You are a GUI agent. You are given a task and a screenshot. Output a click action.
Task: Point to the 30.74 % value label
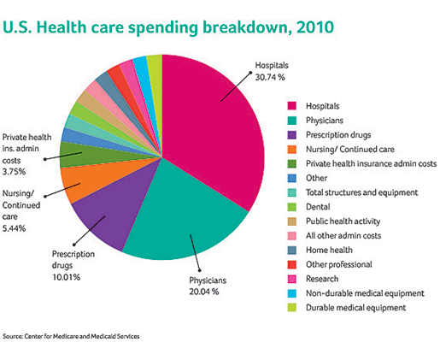point(270,78)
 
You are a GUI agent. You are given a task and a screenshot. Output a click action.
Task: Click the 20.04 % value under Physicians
point(204,292)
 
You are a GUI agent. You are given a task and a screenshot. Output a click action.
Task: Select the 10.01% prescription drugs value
point(66,277)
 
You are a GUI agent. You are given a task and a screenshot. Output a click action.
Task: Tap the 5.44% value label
point(14,228)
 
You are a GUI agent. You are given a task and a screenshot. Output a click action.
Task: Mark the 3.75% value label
point(14,172)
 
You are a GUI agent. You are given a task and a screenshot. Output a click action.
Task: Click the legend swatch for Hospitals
point(292,106)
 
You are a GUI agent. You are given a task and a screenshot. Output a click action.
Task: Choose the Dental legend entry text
point(318,207)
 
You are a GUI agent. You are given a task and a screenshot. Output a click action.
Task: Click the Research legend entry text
point(322,279)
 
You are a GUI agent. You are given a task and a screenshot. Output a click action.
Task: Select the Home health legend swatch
point(292,250)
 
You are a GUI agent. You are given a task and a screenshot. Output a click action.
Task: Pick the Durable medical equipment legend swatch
point(292,308)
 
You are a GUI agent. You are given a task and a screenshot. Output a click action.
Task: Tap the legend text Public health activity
point(343,221)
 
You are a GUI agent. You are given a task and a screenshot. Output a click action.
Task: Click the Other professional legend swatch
point(292,264)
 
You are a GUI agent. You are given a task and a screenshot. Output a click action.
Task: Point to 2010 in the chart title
point(315,27)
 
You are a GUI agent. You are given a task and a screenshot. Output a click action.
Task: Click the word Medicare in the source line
point(66,336)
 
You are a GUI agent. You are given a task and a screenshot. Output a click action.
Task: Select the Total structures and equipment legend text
point(361,192)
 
